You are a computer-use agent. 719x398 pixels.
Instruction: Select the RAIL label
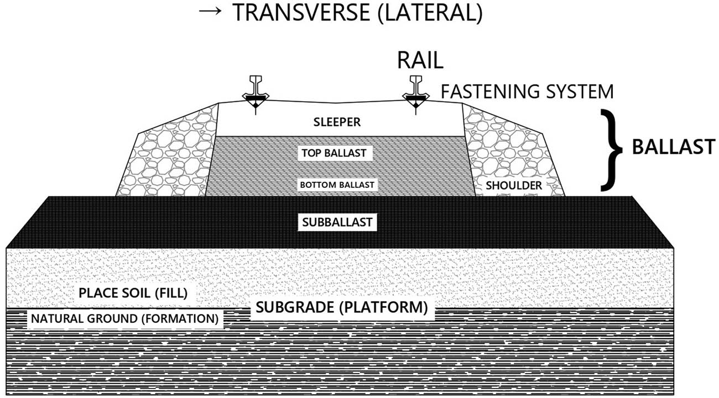pyautogui.click(x=420, y=61)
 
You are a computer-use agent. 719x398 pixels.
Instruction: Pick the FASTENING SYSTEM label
pyautogui.click(x=527, y=91)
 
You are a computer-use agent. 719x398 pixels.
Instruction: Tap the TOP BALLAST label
pyautogui.click(x=333, y=153)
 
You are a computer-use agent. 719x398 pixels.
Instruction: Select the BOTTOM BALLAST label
pyautogui.click(x=337, y=185)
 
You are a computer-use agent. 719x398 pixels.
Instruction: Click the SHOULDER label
pyautogui.click(x=514, y=186)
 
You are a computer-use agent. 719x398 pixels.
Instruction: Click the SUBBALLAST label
pyautogui.click(x=337, y=222)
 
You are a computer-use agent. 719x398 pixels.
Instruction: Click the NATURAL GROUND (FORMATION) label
pyautogui.click(x=124, y=318)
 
